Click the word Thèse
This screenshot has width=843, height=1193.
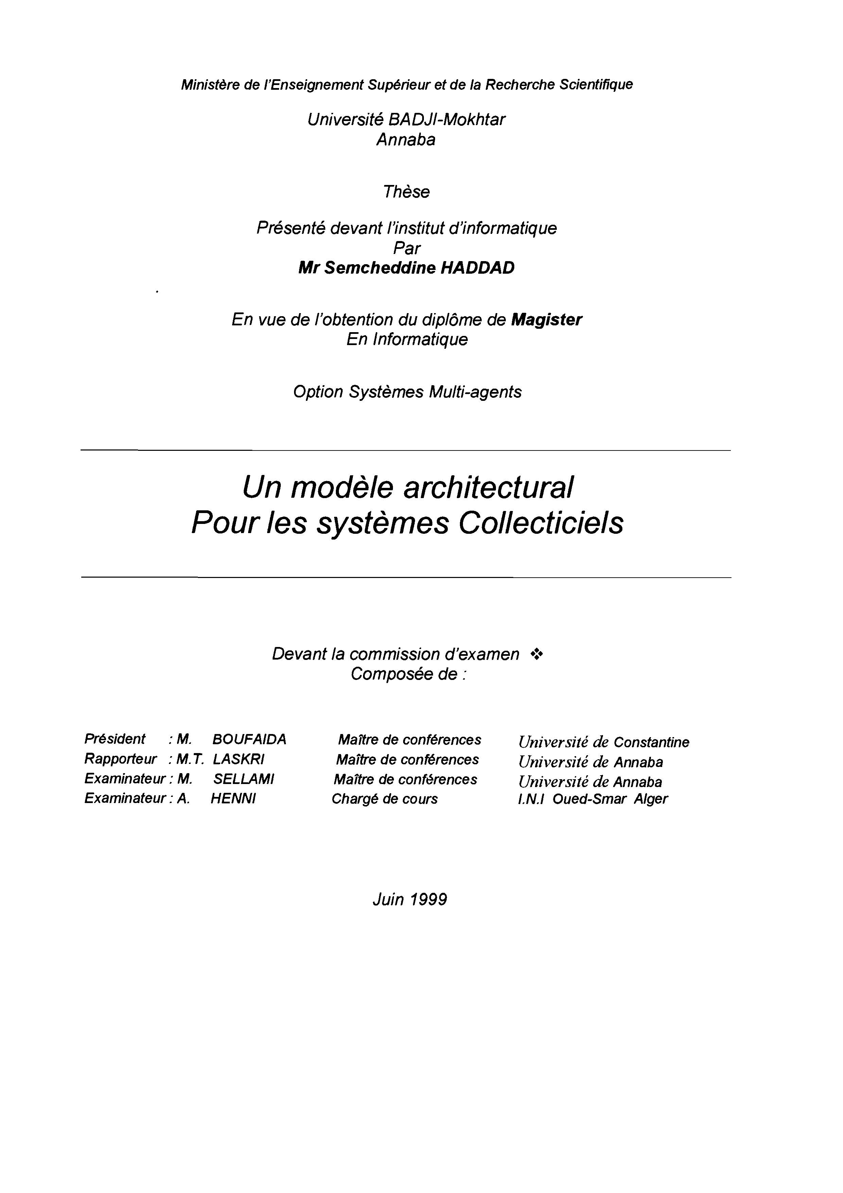[406, 192]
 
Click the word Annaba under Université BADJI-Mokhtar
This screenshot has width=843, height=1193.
[406, 139]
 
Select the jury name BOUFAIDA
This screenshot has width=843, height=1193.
[249, 739]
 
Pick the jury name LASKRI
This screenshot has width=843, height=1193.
[239, 759]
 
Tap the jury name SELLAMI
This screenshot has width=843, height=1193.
[244, 779]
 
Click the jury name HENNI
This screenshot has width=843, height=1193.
[233, 799]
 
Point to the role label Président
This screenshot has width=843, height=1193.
[115, 739]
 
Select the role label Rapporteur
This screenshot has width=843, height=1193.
[120, 759]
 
